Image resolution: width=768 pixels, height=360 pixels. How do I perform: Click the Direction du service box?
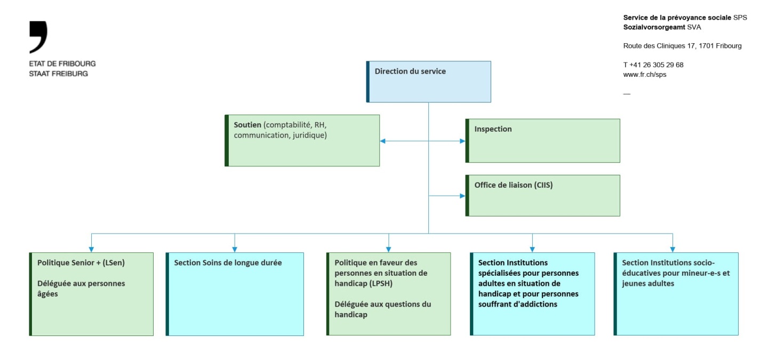point(429,82)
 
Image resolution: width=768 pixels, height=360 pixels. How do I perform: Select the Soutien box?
point(302,140)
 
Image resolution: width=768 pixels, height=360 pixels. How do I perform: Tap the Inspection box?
point(543,140)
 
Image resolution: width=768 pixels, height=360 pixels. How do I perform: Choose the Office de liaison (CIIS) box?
point(543,195)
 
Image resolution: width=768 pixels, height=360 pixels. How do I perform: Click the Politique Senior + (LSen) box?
point(92,294)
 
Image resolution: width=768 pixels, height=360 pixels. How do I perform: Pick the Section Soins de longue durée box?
point(235,294)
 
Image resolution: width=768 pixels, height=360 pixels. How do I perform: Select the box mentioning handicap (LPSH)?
point(389,294)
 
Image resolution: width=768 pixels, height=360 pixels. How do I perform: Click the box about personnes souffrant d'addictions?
point(532,294)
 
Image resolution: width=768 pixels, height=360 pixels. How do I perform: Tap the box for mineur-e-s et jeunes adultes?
point(676,294)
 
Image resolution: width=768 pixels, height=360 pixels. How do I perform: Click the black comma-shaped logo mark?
point(39,36)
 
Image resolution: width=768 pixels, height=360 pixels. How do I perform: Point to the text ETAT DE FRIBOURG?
point(62,63)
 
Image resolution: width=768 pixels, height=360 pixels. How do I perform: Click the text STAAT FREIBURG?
point(59,74)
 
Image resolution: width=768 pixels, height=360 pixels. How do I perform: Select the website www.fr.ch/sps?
point(644,75)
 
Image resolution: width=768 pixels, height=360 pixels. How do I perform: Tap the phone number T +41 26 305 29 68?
point(653,65)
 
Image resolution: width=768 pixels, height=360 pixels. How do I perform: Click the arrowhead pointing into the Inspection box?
point(462,141)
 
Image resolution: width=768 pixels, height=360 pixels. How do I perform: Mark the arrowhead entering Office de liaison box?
point(462,196)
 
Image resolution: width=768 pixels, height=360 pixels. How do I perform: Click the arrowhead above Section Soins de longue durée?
point(235,249)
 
